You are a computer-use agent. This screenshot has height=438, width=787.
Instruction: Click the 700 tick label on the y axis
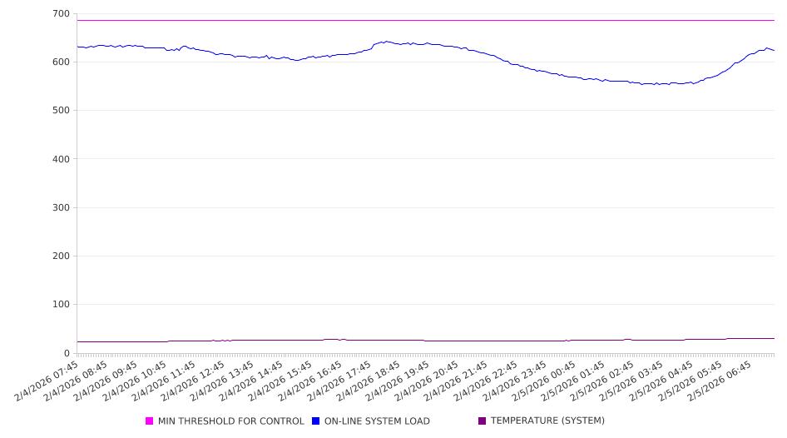(x=60, y=14)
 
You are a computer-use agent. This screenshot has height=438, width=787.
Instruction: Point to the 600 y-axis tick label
(x=60, y=62)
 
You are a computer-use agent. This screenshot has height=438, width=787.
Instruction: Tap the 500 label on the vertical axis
(x=60, y=111)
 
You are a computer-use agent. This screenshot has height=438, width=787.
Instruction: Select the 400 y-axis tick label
(x=60, y=159)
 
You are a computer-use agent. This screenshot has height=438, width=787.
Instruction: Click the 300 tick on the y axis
(x=60, y=207)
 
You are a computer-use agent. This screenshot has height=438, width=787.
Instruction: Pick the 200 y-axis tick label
(x=60, y=256)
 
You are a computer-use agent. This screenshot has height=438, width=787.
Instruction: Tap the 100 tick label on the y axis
(x=60, y=305)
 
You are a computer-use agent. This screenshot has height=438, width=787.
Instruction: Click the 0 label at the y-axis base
(x=67, y=353)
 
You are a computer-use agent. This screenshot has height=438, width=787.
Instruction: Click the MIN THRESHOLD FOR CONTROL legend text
(x=230, y=421)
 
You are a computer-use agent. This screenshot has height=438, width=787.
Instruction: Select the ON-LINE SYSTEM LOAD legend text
(x=377, y=421)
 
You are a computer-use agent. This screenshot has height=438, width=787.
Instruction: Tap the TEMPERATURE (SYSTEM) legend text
(x=547, y=421)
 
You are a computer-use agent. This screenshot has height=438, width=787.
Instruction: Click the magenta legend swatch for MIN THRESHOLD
(x=150, y=421)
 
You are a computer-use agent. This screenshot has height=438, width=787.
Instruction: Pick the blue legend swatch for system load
(x=316, y=421)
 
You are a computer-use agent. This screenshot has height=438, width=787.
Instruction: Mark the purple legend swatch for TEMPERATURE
(x=483, y=421)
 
